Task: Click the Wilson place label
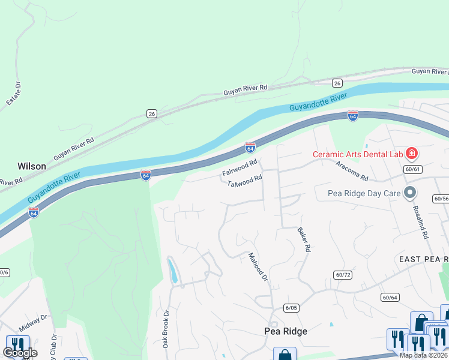click(32, 166)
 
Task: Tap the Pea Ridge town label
click(286, 331)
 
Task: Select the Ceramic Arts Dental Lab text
click(357, 154)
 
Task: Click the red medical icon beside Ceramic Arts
click(411, 154)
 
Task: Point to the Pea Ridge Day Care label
click(364, 194)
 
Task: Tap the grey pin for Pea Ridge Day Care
click(410, 193)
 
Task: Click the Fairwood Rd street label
click(240, 168)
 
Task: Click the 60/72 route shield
click(342, 274)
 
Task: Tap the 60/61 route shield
click(413, 169)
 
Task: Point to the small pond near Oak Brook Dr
click(173, 270)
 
